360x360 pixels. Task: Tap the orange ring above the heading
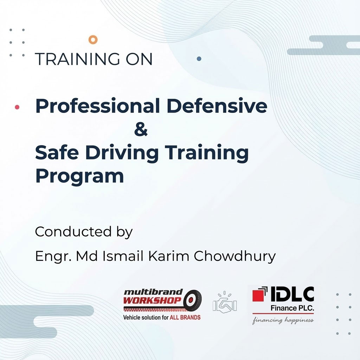93,40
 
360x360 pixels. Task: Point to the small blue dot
199,59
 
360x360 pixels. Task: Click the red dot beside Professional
17,107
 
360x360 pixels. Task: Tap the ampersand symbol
141,130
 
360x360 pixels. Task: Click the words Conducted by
84,232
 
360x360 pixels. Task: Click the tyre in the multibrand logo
192,300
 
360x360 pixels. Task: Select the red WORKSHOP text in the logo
153,301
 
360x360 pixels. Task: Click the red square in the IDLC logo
259,296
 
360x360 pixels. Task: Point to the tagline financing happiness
283,320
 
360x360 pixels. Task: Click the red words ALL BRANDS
185,317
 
